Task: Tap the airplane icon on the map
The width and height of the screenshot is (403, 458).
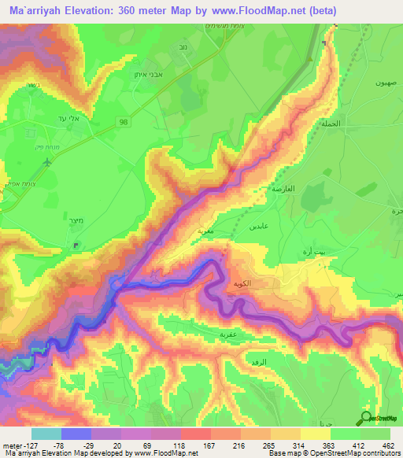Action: point(50,162)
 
